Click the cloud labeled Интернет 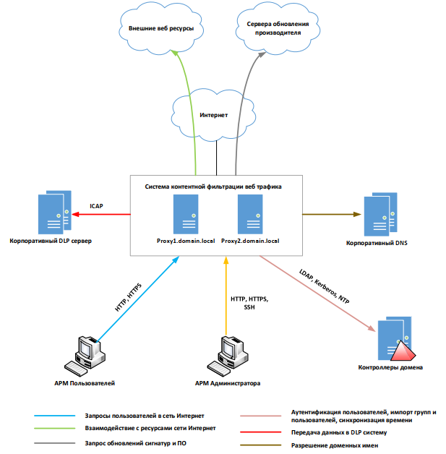click(x=213, y=113)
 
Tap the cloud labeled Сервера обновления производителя click(x=278, y=29)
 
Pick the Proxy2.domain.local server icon click(x=250, y=213)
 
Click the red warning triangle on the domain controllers click(x=402, y=351)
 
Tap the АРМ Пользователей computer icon click(x=85, y=355)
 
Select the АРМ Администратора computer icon click(x=227, y=355)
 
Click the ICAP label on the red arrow click(x=96, y=206)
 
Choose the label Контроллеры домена click(x=390, y=368)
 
